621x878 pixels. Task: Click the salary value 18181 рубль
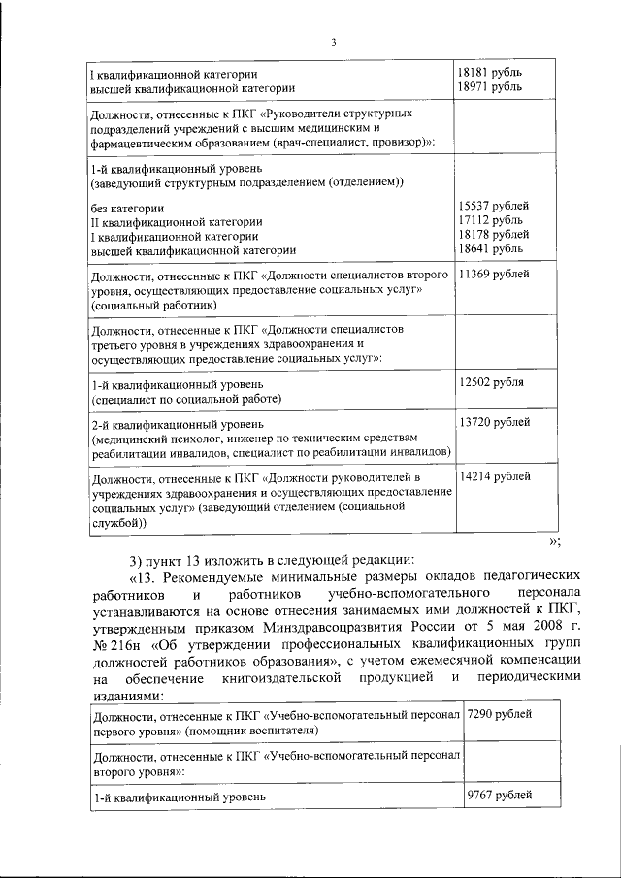pos(491,73)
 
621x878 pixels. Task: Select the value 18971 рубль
pos(491,87)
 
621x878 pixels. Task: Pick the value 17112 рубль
pos(491,220)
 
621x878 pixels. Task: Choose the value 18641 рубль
pos(491,248)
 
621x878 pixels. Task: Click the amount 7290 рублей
pos(500,715)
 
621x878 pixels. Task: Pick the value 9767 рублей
pos(500,796)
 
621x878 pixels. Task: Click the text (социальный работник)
pos(147,305)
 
